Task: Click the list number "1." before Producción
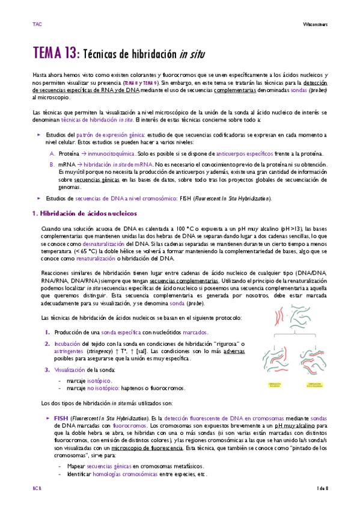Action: pos(48,332)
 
